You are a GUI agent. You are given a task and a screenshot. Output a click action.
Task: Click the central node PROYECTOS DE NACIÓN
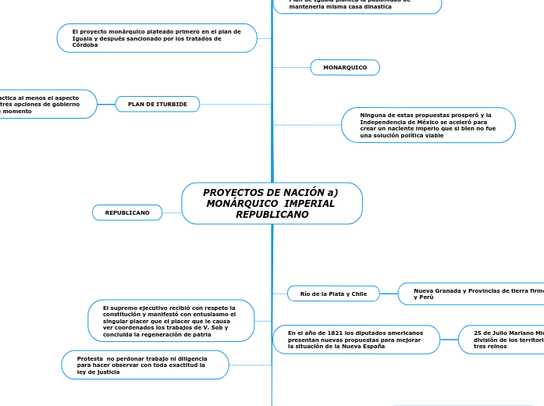coord(272,203)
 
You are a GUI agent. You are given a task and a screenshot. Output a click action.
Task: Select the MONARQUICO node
coord(345,68)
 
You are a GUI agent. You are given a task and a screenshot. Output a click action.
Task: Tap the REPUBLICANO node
coord(127,212)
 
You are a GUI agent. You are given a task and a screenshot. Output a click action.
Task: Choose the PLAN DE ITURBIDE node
coord(158,104)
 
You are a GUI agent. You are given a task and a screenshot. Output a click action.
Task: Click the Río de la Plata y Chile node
coord(333,294)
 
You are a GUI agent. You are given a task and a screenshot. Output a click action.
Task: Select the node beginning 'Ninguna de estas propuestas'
coord(428,125)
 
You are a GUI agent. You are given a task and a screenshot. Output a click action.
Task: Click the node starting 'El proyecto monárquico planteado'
coord(157,38)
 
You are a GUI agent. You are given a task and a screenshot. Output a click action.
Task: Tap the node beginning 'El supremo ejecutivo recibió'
coord(171,321)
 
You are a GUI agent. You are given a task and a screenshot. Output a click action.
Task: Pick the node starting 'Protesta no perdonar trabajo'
coord(145,365)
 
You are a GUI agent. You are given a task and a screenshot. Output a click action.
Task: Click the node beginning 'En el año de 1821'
coord(356,340)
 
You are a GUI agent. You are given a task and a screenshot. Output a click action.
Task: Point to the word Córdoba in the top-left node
coord(85,45)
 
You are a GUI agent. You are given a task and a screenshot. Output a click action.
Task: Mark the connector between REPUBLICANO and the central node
coord(172,212)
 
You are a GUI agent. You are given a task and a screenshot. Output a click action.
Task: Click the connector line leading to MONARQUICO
coord(292,68)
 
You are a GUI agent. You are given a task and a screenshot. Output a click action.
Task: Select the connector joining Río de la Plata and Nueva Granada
coord(389,294)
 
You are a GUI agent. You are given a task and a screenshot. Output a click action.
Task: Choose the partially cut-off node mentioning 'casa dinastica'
coord(357,5)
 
